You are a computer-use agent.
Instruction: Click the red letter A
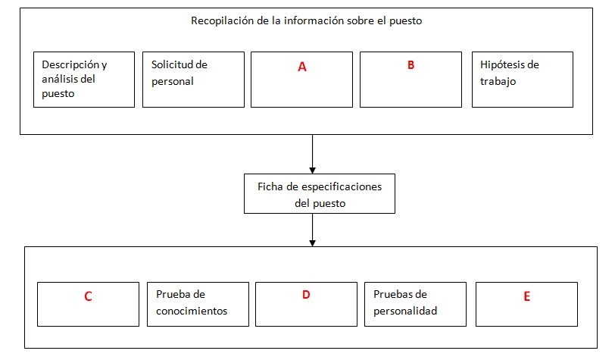coord(302,67)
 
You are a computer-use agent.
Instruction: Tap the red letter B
coord(411,65)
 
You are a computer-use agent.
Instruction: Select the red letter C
coord(89,296)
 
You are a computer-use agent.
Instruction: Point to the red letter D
coord(306,294)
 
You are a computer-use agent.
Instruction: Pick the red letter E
coord(526,296)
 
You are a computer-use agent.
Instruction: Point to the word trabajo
coord(498,81)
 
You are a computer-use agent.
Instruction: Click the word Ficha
coord(270,186)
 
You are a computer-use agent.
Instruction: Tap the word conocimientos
coord(192,311)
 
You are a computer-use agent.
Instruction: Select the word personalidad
coord(405,311)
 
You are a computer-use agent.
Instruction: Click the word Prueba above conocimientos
coord(174,294)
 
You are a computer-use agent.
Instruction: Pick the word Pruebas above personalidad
coord(395,294)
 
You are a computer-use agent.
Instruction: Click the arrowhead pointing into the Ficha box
coord(312,171)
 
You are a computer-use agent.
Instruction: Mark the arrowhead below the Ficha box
coord(312,243)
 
